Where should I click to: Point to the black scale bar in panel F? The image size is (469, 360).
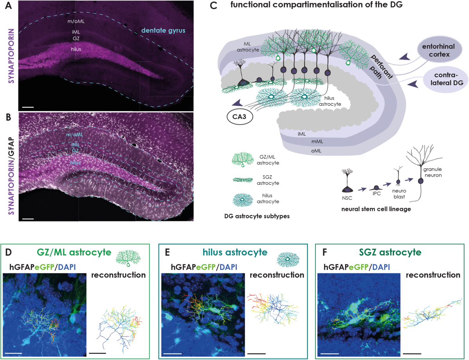[412, 353]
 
